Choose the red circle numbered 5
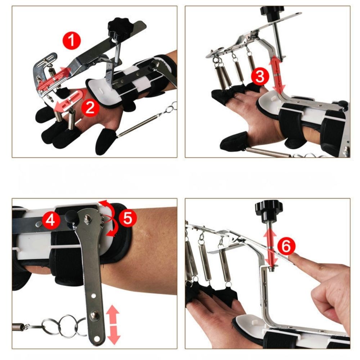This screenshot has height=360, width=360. (128, 219)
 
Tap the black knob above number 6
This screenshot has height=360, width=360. (269, 208)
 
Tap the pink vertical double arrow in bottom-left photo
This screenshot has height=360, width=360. (113, 324)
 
